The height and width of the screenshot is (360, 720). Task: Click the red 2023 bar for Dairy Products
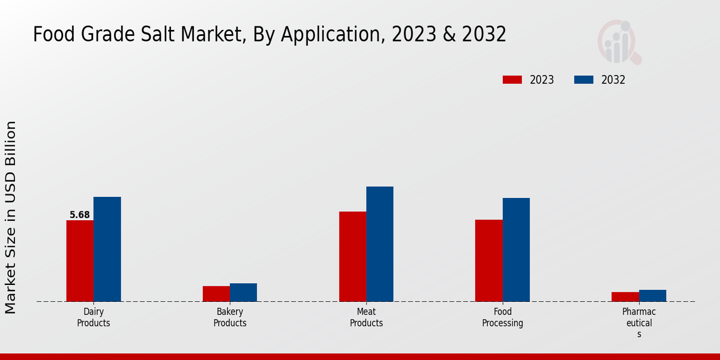point(80,261)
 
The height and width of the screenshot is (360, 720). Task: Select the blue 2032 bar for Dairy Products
point(107,249)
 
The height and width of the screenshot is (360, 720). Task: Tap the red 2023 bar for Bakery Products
point(216,293)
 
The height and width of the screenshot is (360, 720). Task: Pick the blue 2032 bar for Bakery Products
point(243,292)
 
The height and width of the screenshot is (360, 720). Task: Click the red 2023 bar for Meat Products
point(352,256)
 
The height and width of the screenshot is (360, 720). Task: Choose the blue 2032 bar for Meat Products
point(380,244)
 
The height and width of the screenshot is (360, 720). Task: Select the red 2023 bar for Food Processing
point(488,260)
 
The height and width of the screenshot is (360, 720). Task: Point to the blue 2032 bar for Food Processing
point(516,250)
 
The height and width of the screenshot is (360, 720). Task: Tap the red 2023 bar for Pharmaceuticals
point(625,296)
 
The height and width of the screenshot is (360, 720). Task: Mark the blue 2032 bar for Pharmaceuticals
point(652,295)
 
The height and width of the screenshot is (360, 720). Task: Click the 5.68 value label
point(79,215)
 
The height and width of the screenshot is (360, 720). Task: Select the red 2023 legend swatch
point(512,80)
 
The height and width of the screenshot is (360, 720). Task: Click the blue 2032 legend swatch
point(584,80)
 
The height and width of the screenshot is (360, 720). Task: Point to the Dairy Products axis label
point(94,317)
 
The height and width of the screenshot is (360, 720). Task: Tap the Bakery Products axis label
point(230,317)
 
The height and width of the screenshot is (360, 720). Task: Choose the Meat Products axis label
point(366,317)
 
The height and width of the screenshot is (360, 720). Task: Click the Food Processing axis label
point(502,317)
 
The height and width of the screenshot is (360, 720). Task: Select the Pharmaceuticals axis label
point(639,323)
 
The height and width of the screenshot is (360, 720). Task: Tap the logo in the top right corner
point(619,41)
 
